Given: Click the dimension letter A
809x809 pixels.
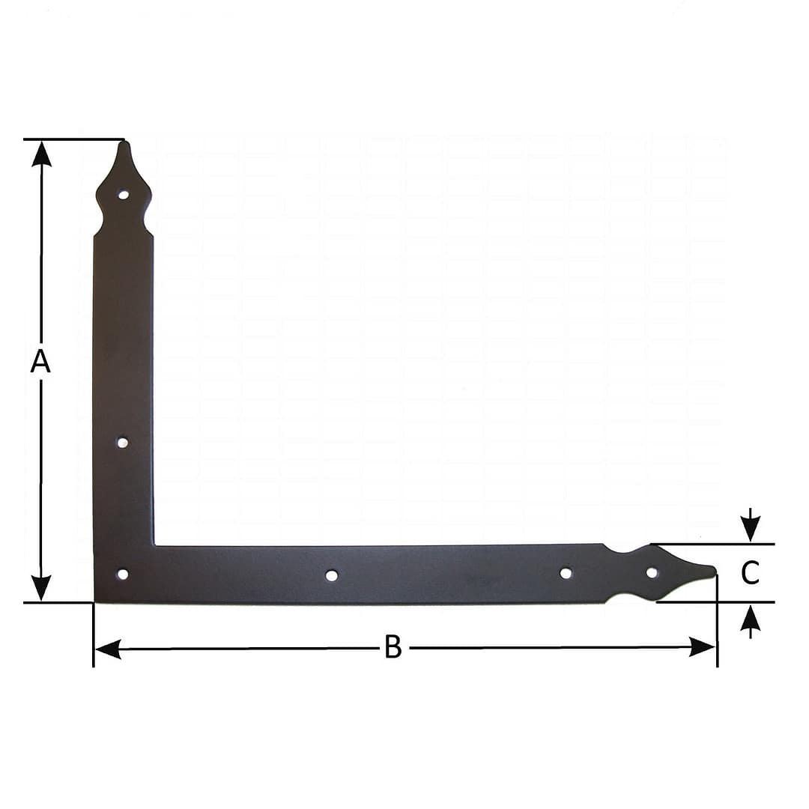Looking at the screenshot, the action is pos(40,361).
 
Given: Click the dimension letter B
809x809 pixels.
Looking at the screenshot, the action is pos(393,646).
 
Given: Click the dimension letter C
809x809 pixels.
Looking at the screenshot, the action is pos(750,573).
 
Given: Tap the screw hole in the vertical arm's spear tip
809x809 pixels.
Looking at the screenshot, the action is pos(124,195).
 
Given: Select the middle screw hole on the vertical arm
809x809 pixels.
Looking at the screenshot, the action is pos(123,443).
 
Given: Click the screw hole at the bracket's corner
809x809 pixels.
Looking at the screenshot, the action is pos(123,575).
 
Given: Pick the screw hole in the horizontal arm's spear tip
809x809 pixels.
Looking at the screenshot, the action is pos(652,572).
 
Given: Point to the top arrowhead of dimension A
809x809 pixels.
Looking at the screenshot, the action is pos(41,154).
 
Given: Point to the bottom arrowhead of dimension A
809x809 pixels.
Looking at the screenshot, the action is pos(41,588).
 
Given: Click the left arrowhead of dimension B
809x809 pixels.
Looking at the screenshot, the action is pos(107,649).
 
